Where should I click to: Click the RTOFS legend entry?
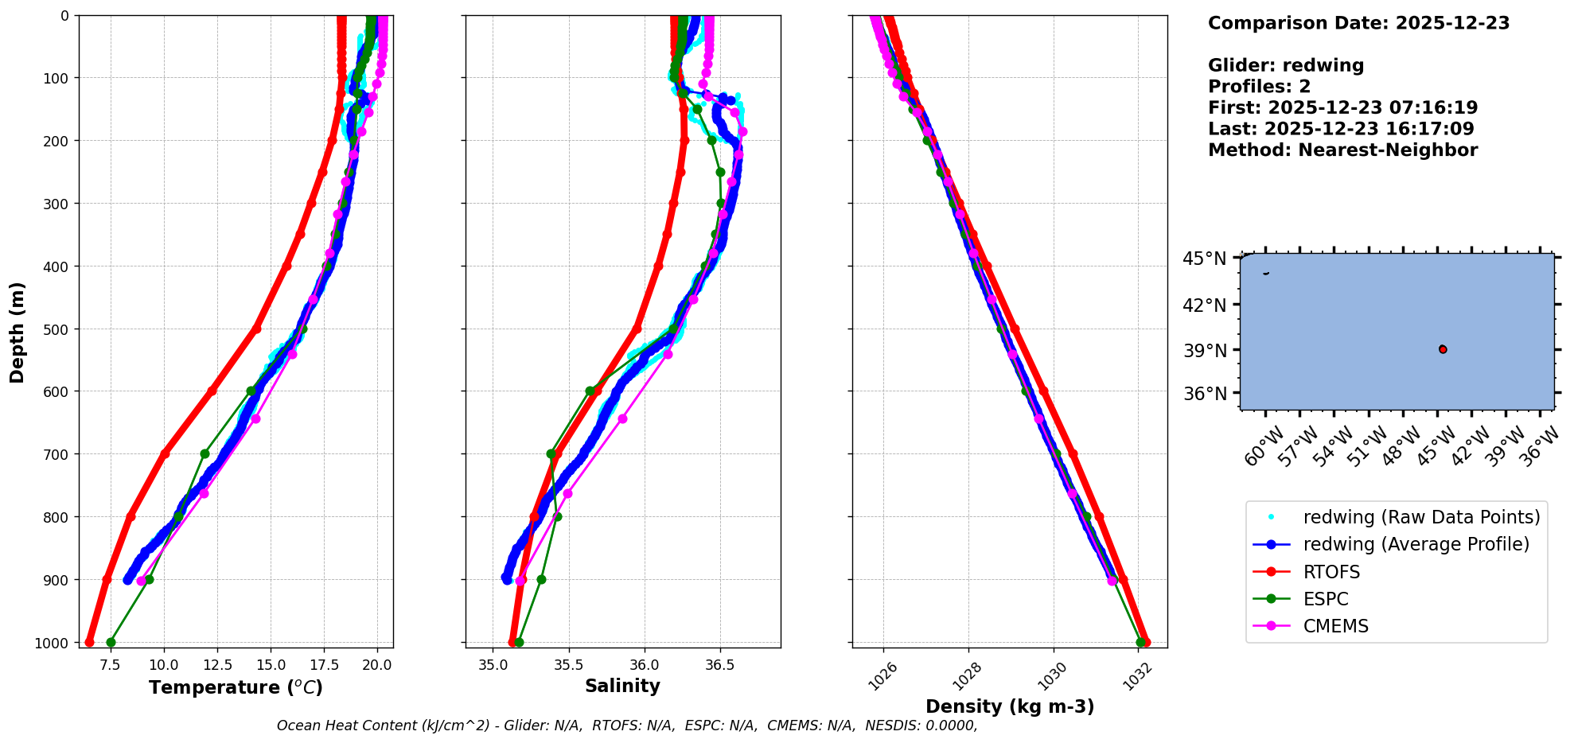pos(1331,572)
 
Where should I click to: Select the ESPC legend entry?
pos(1326,599)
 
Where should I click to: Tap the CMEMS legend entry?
pos(1335,626)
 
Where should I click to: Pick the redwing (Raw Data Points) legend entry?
pos(1421,517)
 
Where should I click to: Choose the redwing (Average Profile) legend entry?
pos(1416,544)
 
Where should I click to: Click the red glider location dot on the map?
pos(1443,349)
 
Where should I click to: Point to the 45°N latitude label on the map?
pos(1204,259)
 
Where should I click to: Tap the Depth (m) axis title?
pos(18,332)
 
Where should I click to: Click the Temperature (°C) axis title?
pos(236,687)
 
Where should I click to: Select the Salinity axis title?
pos(622,686)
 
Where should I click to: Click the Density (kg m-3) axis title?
pos(1010,706)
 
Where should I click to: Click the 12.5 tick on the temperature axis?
pos(217,665)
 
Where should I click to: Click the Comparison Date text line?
pos(1358,23)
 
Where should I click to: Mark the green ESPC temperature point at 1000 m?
pos(111,642)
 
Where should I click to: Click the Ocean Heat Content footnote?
pos(627,725)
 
